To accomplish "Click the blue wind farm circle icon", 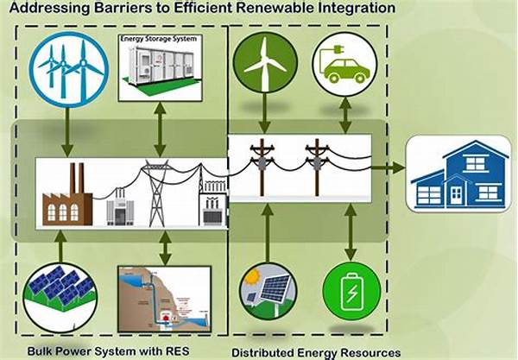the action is click(x=68, y=69).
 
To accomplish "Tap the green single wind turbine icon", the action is click(x=265, y=62).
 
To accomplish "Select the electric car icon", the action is click(x=344, y=65).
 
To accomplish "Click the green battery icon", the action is click(x=351, y=291).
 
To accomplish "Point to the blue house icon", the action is click(x=458, y=174).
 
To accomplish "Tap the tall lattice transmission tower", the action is click(x=156, y=193).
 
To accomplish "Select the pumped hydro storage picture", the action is click(x=165, y=300).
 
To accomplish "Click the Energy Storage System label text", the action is click(x=159, y=39).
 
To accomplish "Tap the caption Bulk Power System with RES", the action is click(x=109, y=351).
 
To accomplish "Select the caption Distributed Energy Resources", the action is click(x=316, y=352).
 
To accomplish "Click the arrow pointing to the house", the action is click(x=388, y=167).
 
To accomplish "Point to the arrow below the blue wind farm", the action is click(x=67, y=132).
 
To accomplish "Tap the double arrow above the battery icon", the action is click(x=351, y=232).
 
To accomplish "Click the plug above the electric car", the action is click(x=338, y=50).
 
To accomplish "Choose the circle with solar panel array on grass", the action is click(x=60, y=297).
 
